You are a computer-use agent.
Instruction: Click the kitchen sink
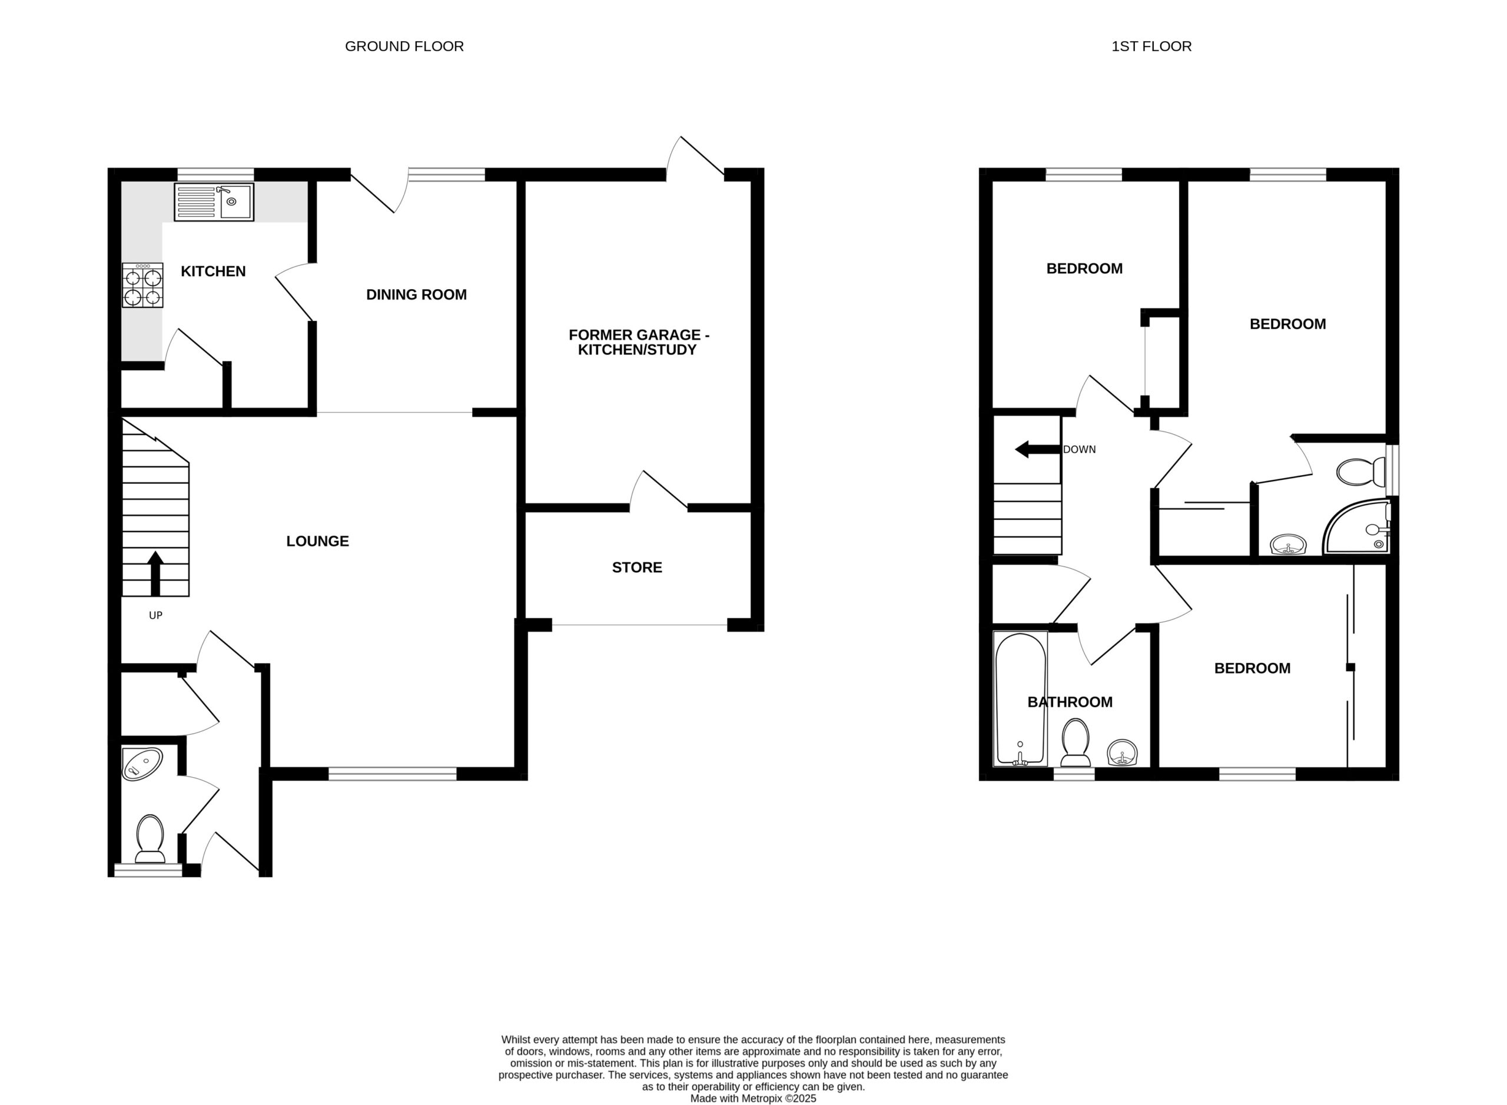coord(214,202)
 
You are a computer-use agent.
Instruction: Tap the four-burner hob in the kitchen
coord(142,285)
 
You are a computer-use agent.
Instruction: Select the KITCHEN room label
coord(213,271)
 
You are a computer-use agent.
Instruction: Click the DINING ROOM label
coord(416,294)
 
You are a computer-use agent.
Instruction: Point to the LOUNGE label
coord(318,541)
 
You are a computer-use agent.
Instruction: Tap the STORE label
coord(637,567)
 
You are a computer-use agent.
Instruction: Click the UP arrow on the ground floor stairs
coord(155,573)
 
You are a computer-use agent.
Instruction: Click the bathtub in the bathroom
coord(1020,698)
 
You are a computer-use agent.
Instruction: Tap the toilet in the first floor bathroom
coord(1076,742)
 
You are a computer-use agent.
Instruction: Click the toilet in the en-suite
coord(1361,472)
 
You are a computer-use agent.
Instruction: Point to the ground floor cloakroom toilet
coord(150,839)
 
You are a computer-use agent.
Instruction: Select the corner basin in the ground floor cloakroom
coord(142,765)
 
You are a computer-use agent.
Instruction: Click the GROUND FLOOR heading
coord(404,46)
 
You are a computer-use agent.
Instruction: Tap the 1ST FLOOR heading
coord(1151,46)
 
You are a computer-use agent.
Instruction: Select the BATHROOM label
coord(1070,702)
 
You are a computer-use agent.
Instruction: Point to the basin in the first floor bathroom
coord(1123,752)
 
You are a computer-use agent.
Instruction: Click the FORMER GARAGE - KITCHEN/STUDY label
coord(638,342)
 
